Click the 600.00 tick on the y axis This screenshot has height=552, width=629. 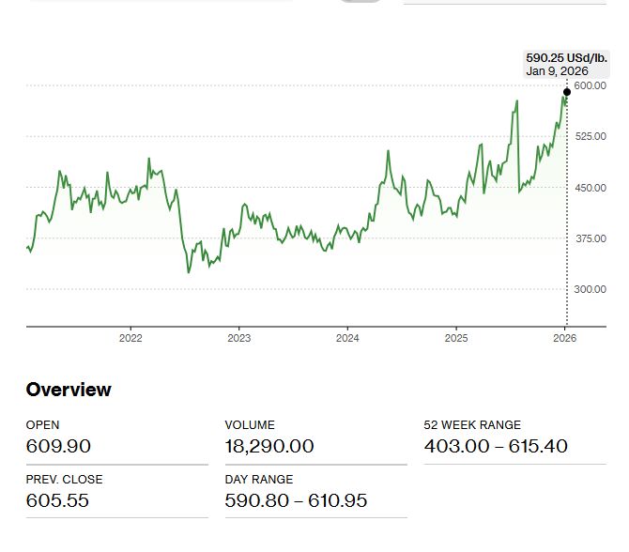[x=591, y=85]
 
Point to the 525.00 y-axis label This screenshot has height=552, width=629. [x=591, y=136]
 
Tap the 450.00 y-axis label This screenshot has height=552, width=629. [x=591, y=188]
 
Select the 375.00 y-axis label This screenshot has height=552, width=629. [x=591, y=238]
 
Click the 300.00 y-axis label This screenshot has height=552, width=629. [x=591, y=289]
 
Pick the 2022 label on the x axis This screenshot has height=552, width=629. [x=130, y=337]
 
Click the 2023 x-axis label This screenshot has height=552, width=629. [x=239, y=337]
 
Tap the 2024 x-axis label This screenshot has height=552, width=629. [x=347, y=337]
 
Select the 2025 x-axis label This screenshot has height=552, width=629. [x=456, y=337]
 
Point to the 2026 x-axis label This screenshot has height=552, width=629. [x=565, y=337]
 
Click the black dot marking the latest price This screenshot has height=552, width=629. [x=566, y=92]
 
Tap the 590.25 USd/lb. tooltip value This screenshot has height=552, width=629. [x=561, y=57]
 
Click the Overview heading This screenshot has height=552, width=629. [x=69, y=390]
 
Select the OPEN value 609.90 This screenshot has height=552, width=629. [x=58, y=446]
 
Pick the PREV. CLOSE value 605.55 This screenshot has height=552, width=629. [x=58, y=500]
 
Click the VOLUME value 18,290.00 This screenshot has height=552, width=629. [x=269, y=446]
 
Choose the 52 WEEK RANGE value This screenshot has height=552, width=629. [x=496, y=446]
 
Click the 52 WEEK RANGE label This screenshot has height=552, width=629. [x=472, y=425]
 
